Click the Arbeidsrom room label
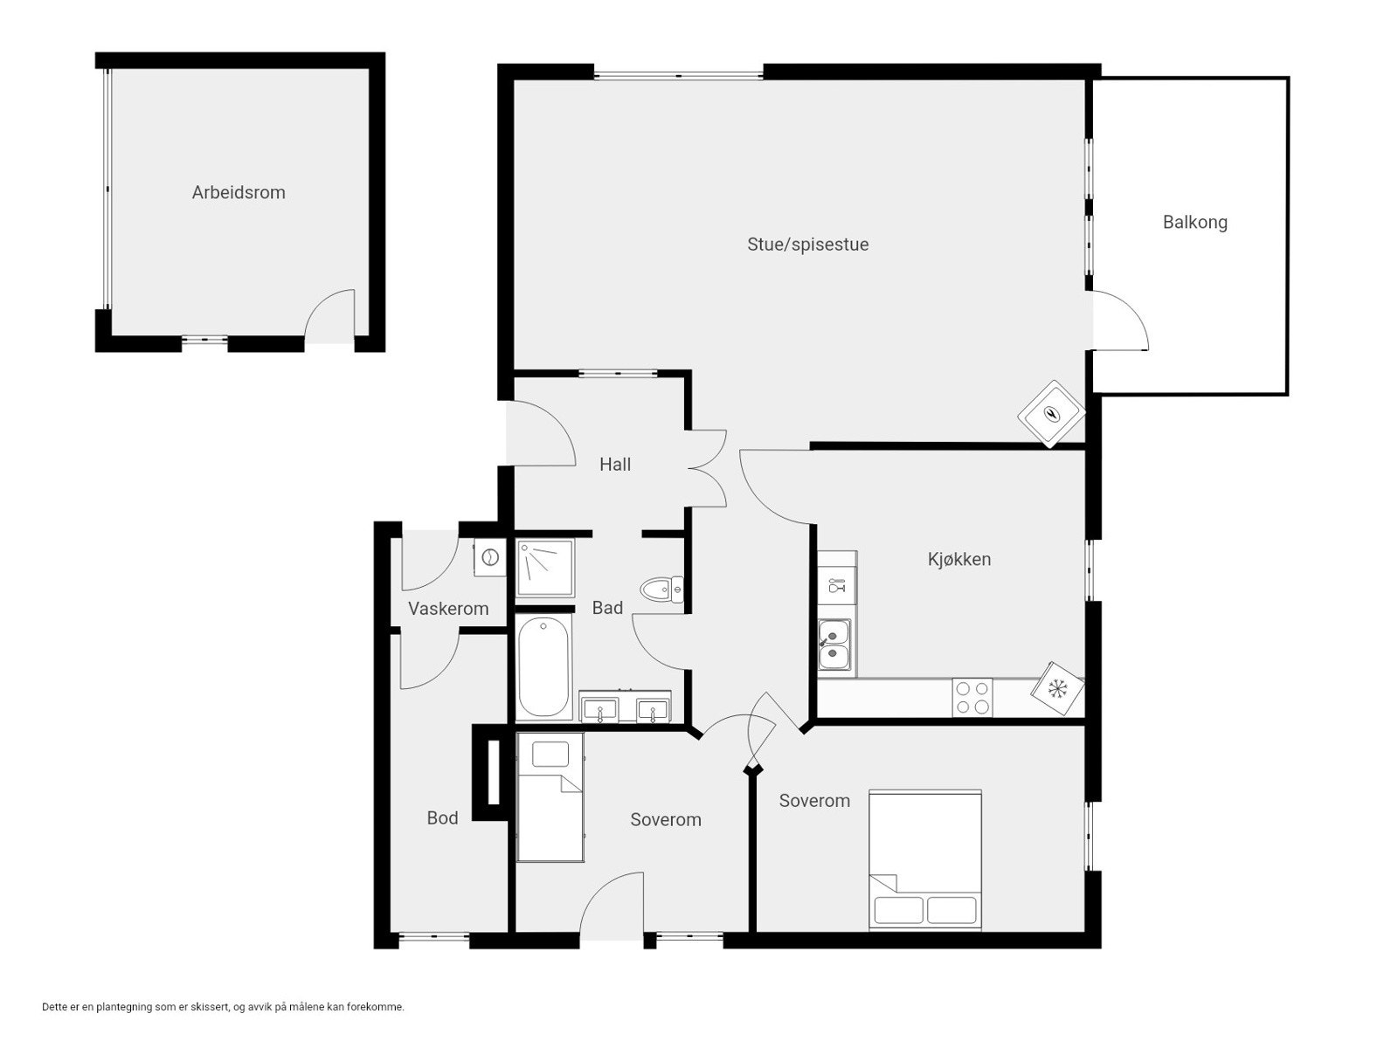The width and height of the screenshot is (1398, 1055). [239, 193]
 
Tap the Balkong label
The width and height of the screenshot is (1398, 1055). [1194, 223]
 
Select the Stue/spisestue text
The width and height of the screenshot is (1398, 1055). [807, 245]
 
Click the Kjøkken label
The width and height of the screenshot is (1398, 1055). [959, 559]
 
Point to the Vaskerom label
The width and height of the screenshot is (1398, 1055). [448, 609]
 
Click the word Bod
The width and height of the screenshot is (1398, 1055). [442, 818]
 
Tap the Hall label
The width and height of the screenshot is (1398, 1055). [615, 465]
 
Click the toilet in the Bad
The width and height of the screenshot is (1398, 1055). [661, 590]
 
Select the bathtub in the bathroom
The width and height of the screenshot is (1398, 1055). [543, 667]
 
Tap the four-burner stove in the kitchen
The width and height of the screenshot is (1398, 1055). [972, 698]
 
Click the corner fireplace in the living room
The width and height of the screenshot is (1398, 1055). [1052, 413]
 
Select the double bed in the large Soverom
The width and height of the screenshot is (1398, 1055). [925, 859]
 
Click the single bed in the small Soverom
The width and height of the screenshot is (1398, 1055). [550, 796]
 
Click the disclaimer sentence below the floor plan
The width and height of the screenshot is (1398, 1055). [224, 1007]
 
